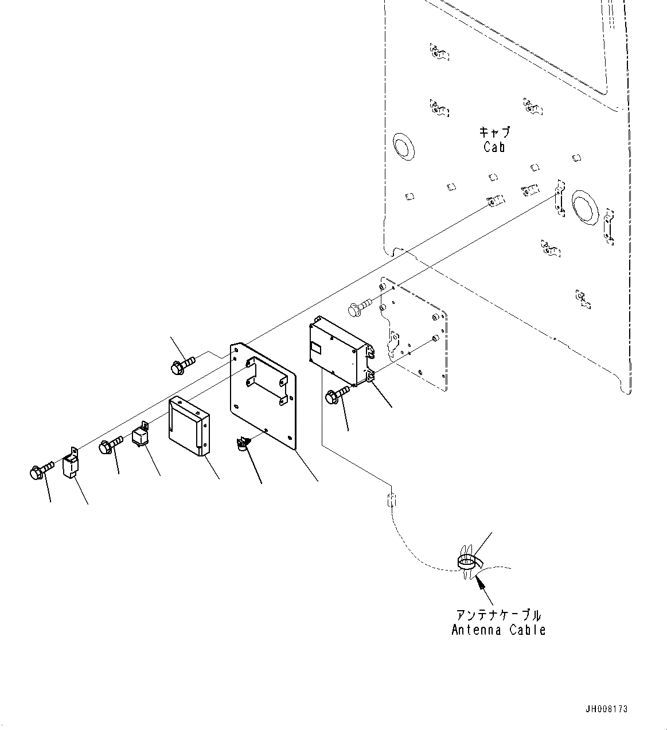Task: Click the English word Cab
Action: point(494,147)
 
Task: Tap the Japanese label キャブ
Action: point(494,132)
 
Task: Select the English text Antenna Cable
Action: point(498,630)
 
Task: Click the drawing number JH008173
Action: point(607,709)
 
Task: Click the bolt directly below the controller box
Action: point(337,395)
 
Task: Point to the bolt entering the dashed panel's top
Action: point(360,307)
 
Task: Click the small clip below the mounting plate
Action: point(243,444)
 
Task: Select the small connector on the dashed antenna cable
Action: point(391,501)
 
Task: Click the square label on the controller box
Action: point(317,347)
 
